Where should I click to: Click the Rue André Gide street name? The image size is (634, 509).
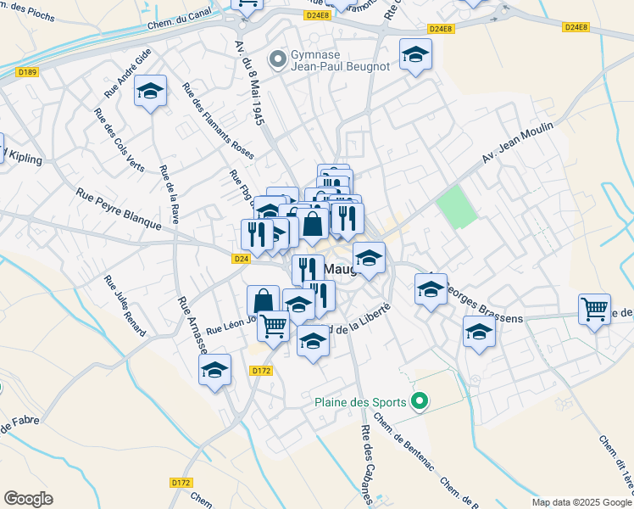[x=128, y=70]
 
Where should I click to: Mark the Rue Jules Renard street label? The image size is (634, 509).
[x=125, y=305]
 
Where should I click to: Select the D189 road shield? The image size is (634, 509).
[x=27, y=72]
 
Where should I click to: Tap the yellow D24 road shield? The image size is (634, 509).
[x=242, y=259]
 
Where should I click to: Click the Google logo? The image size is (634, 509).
[x=28, y=499]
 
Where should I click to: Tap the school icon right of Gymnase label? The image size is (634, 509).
[x=414, y=55]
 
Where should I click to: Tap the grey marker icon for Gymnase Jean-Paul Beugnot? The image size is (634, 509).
[x=276, y=59]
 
